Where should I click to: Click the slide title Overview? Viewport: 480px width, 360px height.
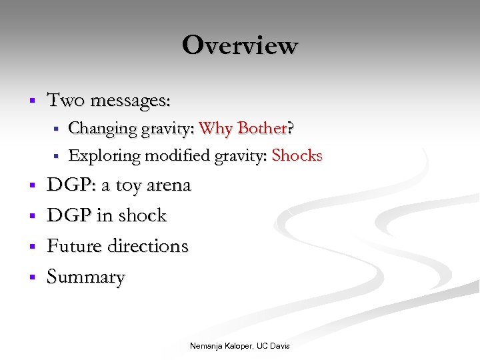(x=239, y=45)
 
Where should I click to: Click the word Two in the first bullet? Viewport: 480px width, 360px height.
(x=65, y=101)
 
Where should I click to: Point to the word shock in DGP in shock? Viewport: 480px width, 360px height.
(x=142, y=215)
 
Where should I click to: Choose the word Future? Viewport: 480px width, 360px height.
(x=73, y=246)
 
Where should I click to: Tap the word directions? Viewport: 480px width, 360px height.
(x=146, y=246)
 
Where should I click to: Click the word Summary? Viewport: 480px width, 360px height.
(x=85, y=277)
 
